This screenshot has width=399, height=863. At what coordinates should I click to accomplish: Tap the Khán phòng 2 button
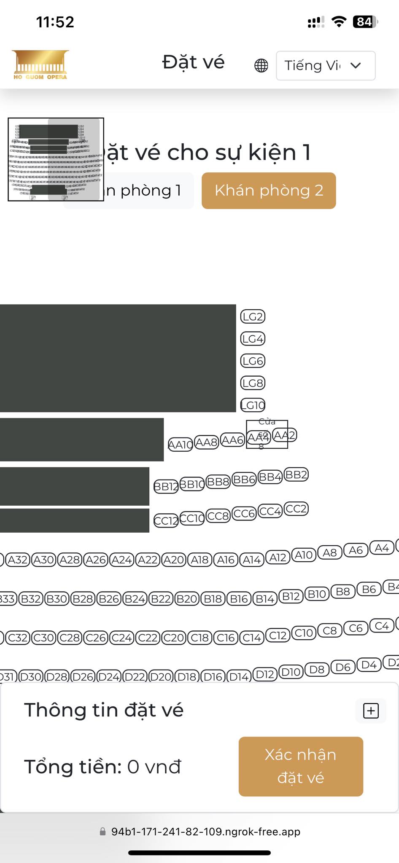coord(269,190)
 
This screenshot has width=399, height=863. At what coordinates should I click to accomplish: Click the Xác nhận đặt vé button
coord(301,766)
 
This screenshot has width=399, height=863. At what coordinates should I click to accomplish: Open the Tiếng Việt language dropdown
coord(325,66)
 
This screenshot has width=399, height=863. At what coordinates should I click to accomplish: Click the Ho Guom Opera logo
coord(40,65)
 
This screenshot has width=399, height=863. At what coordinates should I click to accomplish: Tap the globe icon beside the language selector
coord(261,66)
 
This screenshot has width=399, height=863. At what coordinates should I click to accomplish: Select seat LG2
coord(253,316)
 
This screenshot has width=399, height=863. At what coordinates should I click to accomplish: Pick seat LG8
coord(253,383)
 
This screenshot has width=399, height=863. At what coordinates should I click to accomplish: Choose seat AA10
coord(181,444)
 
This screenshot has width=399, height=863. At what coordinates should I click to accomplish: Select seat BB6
coord(244,480)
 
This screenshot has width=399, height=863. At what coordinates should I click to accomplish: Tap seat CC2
coord(296,509)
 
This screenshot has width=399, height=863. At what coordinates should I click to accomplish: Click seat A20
coord(174,560)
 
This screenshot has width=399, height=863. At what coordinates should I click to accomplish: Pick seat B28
coord(83,599)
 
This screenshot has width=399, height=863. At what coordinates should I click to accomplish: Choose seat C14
coord(252,638)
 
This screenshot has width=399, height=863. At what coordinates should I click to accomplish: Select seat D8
coord(317,670)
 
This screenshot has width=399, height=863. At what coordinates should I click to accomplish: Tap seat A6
coord(356,550)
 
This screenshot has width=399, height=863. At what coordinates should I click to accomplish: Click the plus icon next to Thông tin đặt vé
coord(371,711)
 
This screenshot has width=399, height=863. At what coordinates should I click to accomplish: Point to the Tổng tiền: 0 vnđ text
coord(102,767)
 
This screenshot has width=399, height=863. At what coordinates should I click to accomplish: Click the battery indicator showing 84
coord(364,22)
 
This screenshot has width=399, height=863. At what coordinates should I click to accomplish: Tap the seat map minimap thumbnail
coord(56,159)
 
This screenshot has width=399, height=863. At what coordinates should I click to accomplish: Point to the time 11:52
coord(55,22)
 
